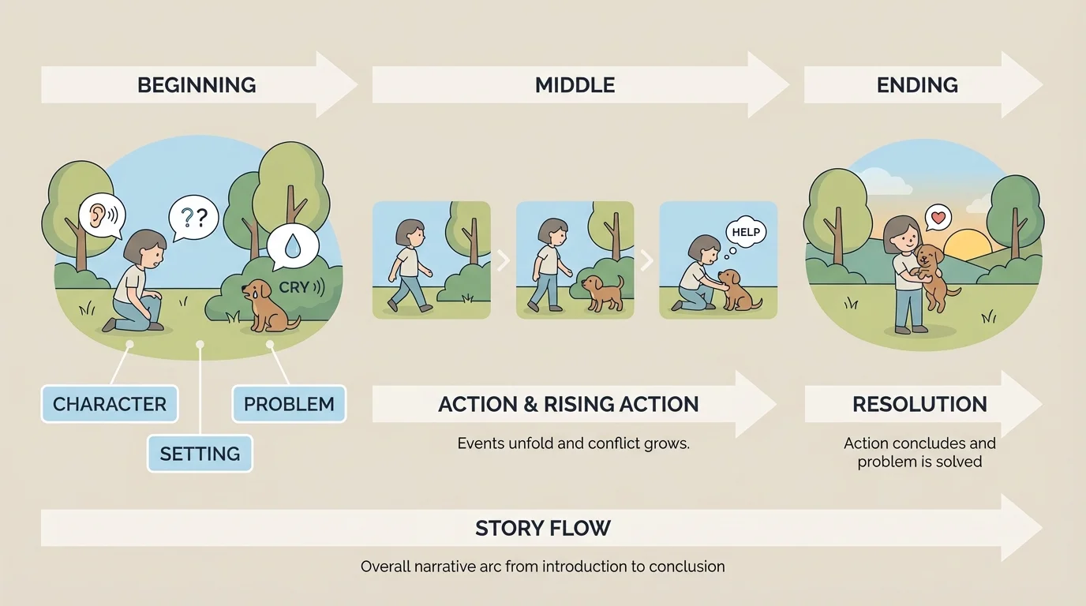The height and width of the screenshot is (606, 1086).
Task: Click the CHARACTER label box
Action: point(110,404)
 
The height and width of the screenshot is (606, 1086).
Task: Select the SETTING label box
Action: point(200,454)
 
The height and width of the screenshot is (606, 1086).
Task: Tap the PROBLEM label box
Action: point(289,404)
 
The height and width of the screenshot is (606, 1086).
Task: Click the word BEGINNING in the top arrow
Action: point(197,85)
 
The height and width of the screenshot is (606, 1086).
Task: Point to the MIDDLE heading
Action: point(575,85)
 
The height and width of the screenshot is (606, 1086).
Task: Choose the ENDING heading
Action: point(917,85)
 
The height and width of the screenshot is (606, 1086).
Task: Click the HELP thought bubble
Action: point(746,232)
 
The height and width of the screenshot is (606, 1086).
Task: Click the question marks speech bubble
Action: point(193,215)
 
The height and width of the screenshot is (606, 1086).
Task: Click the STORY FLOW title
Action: point(543,528)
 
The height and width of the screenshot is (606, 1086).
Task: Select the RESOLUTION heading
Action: point(919,404)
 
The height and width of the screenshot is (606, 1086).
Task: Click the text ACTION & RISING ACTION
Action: point(568,404)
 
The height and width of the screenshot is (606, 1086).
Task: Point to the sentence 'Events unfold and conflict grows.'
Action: point(574,443)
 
